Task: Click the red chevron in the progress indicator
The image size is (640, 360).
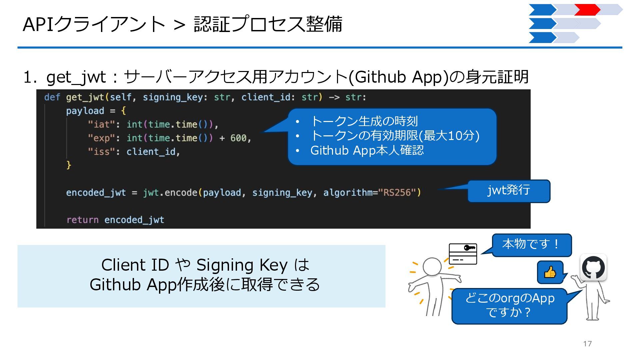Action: pos(587,10)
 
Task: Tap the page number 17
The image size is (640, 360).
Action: pos(587,344)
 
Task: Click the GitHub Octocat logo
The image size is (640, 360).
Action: pos(593,267)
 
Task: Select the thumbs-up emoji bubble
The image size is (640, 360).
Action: pos(550,272)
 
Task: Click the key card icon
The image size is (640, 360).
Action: pos(463,254)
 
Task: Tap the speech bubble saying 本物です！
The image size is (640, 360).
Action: pos(531,244)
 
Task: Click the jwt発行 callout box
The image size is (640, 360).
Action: pos(509,191)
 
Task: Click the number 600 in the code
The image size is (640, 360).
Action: pos(238,138)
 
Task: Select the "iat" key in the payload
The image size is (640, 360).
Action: pos(99,125)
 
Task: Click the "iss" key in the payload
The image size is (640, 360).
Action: pos(99,152)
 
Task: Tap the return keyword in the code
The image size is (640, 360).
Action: pos(82,220)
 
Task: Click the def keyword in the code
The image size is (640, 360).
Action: pos(52,97)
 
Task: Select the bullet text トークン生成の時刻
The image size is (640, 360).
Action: pos(364,121)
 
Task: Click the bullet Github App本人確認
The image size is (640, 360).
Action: pos(367,150)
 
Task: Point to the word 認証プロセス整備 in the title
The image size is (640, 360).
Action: pos(268,24)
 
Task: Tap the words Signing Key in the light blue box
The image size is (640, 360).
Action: pos(242,265)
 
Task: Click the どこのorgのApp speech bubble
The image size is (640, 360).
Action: pos(509,305)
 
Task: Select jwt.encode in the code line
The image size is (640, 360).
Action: pos(170,193)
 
